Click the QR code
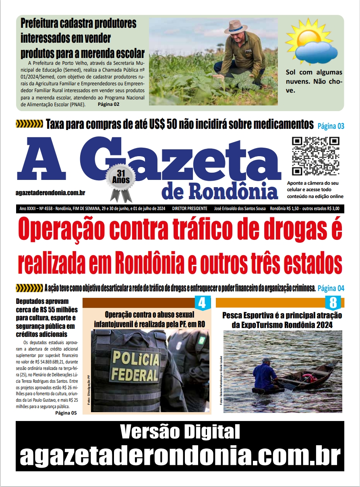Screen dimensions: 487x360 click(315, 156)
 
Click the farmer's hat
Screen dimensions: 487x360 click(236, 27)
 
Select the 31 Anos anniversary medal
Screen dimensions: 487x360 click(121, 181)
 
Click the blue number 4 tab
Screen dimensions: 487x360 click(203, 302)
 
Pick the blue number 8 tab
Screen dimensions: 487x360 click(333, 302)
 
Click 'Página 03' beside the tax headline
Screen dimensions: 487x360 click(331, 126)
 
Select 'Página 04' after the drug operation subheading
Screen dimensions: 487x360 click(331, 288)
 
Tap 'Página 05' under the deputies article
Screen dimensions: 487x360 click(66, 413)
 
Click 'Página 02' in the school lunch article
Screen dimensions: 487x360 click(108, 104)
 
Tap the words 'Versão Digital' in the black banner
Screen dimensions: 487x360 click(180, 432)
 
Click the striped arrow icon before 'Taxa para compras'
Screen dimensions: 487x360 click(29, 124)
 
